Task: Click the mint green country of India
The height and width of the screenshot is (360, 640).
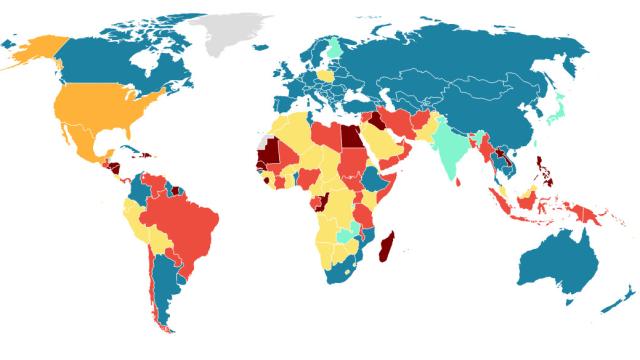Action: (450, 150)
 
